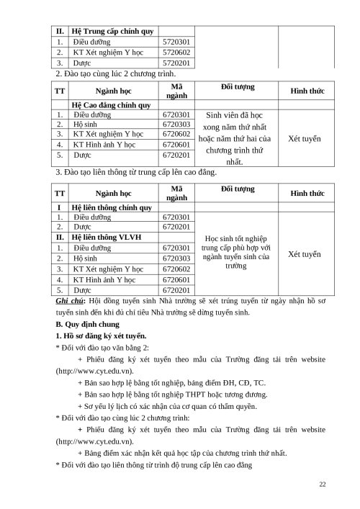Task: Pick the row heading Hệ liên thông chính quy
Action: click(112, 207)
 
